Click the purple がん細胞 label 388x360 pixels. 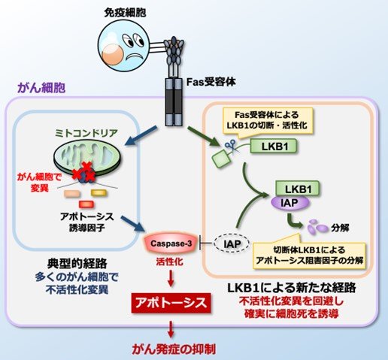(37, 89)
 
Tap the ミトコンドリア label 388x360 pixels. (85, 132)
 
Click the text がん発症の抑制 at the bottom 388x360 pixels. (168, 348)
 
